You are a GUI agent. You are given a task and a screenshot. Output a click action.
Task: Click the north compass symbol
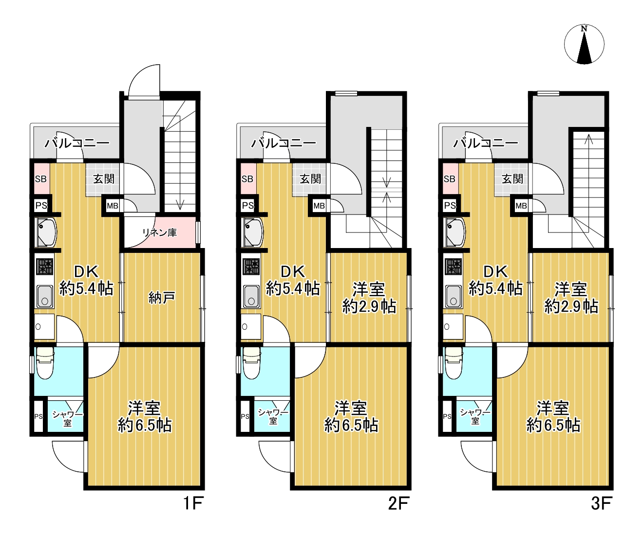[x=584, y=44]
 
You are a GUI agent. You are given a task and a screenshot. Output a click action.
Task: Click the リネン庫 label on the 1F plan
[x=159, y=232]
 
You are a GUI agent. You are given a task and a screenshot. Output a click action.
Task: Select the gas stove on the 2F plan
[x=252, y=267]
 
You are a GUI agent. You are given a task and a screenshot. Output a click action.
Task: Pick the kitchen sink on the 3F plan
[x=454, y=297]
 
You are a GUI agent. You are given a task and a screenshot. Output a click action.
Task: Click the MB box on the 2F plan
[x=319, y=205]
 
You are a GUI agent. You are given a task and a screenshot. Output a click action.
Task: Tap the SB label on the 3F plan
[x=449, y=179]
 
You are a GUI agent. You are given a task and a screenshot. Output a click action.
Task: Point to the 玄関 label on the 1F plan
[x=104, y=179]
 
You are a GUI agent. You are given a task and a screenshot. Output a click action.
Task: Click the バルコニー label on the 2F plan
[x=284, y=143]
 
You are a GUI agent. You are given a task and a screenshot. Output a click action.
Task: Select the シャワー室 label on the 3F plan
[x=475, y=416]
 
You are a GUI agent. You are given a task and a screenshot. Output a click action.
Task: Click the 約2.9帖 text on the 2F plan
[x=369, y=307]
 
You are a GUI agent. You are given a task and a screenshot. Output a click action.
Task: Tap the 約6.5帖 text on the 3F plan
[x=553, y=426]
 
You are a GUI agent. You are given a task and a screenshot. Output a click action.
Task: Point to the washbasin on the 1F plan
[x=46, y=233]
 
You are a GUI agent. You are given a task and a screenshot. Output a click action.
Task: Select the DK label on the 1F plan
[x=87, y=271]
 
